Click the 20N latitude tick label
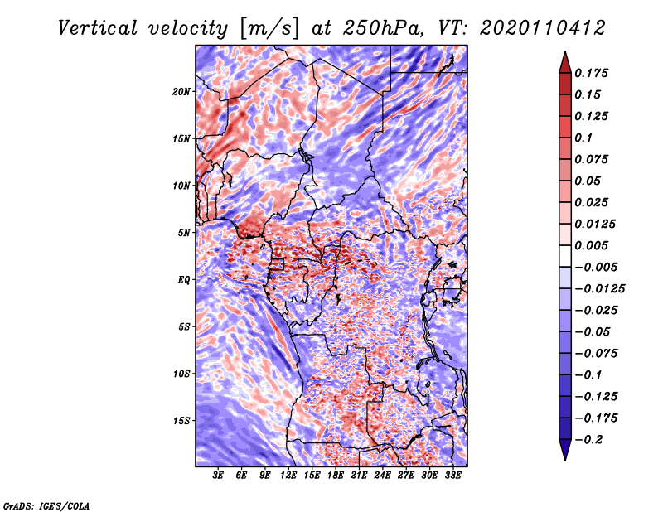tap(181, 91)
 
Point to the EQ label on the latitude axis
tap(183, 280)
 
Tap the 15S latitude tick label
tap(181, 421)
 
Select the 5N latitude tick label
tap(184, 233)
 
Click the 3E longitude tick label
tap(218, 476)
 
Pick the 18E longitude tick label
tap(335, 476)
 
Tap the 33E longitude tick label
tap(452, 476)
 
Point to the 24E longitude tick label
tap(382, 476)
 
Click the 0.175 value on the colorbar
tap(591, 73)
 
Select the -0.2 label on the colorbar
tap(588, 440)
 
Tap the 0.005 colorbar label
tap(591, 245)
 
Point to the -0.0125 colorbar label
tap(599, 289)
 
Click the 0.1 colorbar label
tap(583, 138)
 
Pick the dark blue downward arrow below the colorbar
tap(565, 450)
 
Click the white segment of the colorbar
tap(565, 256)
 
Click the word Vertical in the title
tap(98, 28)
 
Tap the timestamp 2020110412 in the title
tap(542, 28)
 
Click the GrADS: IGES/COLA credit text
tap(46, 506)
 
